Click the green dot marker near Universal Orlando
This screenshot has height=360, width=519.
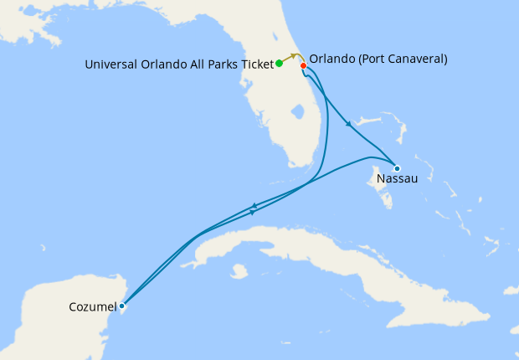tap(279, 63)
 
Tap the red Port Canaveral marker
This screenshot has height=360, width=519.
tap(304, 65)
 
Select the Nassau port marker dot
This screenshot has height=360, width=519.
tap(397, 168)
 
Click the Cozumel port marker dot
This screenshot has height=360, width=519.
tap(122, 306)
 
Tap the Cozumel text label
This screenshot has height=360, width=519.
tap(92, 307)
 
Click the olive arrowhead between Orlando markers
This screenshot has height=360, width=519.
tap(294, 57)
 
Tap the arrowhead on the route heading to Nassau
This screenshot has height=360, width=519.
tap(347, 123)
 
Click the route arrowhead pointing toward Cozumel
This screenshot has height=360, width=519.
tap(254, 204)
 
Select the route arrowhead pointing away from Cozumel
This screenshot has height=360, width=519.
tap(253, 211)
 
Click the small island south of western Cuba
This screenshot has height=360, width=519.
tap(239, 270)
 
